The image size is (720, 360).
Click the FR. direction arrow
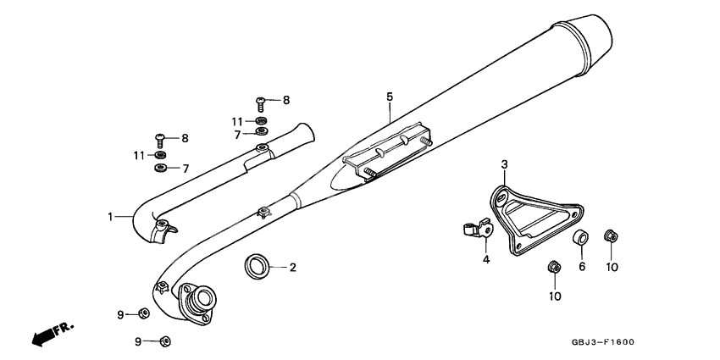pyautogui.click(x=49, y=335)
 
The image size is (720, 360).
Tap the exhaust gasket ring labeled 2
pyautogui.click(x=257, y=267)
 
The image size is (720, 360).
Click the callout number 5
pyautogui.click(x=390, y=97)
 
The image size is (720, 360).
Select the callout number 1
pyautogui.click(x=110, y=217)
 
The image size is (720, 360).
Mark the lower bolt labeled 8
pyautogui.click(x=159, y=137)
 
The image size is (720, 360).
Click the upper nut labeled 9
pyautogui.click(x=144, y=314)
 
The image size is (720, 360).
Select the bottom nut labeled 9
pyautogui.click(x=165, y=341)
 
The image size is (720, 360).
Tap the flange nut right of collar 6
pyautogui.click(x=609, y=236)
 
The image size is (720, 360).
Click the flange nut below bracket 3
pyautogui.click(x=552, y=269)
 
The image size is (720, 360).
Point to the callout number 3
pyautogui.click(x=503, y=163)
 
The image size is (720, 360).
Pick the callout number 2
pyautogui.click(x=292, y=268)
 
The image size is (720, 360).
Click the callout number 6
pyautogui.click(x=582, y=266)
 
